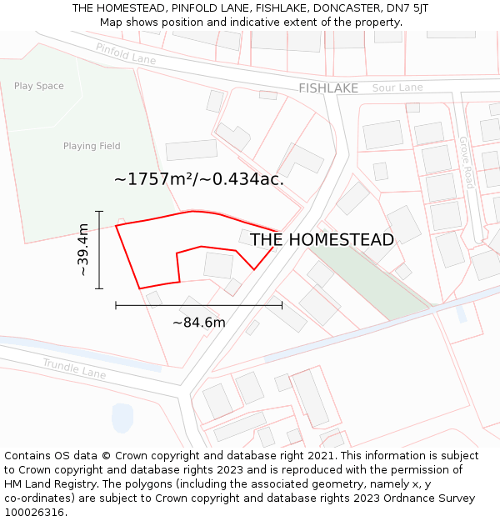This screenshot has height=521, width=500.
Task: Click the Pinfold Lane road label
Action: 126,54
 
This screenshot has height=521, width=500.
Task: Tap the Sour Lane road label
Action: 397,88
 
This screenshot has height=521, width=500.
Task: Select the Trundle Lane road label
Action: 74,368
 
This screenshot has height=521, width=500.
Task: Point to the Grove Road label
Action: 467,163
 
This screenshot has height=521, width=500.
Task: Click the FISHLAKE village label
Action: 328,88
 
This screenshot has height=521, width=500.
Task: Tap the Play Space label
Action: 39,86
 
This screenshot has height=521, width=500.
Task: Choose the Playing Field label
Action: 92,146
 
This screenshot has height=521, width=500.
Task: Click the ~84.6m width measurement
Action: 198,323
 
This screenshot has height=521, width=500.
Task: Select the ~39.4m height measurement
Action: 83,249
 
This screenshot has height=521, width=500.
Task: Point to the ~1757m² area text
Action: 198,178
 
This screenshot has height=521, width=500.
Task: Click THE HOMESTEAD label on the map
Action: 322,240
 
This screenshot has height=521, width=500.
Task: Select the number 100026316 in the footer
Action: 35,513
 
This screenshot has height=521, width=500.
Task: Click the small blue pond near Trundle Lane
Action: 122,417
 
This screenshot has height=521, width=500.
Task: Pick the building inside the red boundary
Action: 218,265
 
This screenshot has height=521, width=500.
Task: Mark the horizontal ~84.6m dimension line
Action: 198,306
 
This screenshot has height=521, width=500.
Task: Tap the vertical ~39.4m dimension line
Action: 99,250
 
